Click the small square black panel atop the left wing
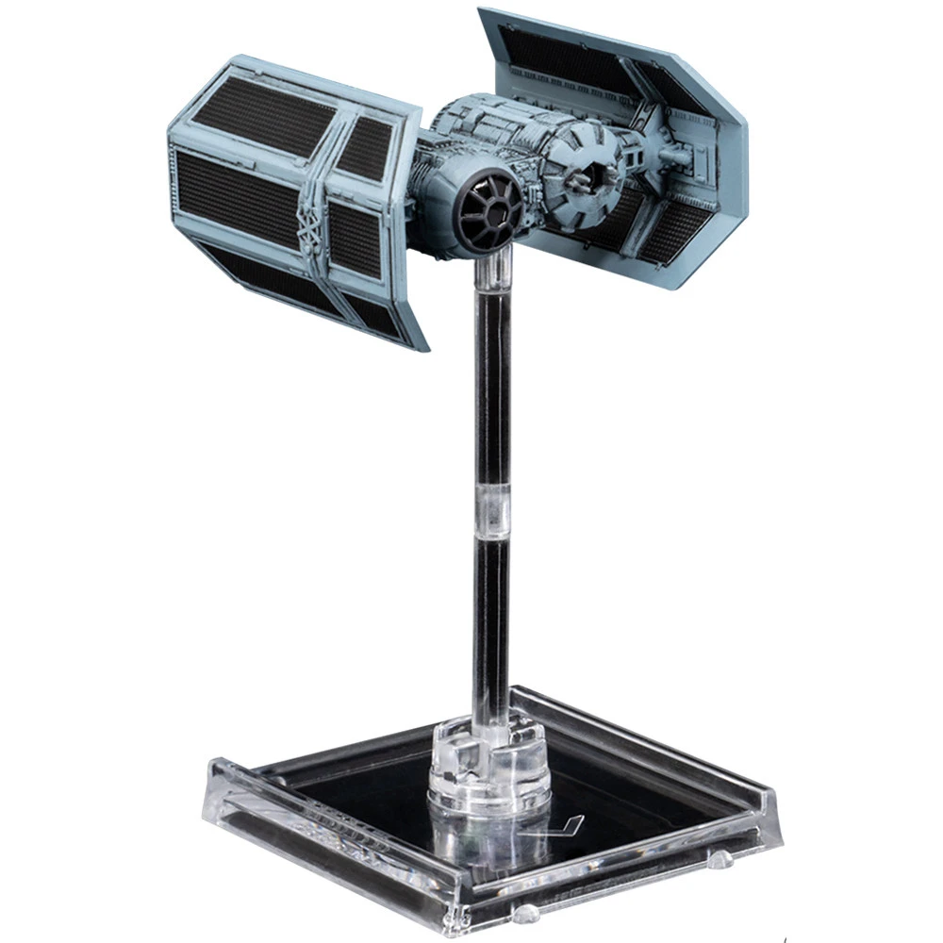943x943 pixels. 366,147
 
